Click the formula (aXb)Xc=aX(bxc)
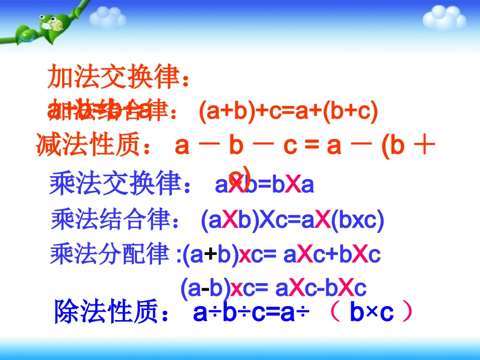tap(293, 221)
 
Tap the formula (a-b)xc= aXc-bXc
tap(273, 288)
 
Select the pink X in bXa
tap(294, 185)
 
